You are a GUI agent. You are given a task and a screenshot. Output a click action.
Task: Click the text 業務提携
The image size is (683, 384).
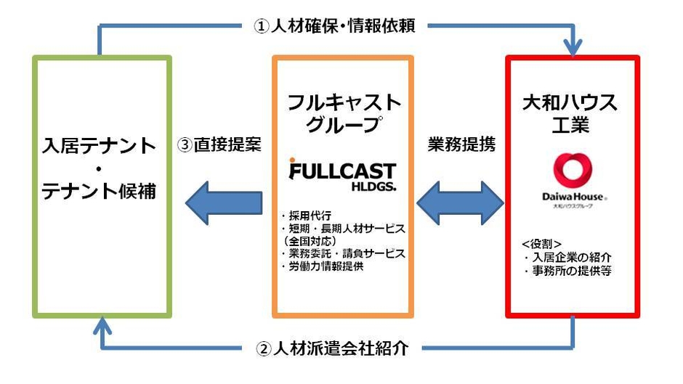(x=462, y=144)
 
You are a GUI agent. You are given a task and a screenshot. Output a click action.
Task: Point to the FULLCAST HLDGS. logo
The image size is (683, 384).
(x=343, y=176)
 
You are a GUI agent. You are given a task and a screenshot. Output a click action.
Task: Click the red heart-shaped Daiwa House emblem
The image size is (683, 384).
(x=573, y=170)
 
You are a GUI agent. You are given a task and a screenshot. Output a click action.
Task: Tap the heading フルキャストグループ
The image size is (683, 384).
(x=342, y=113)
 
